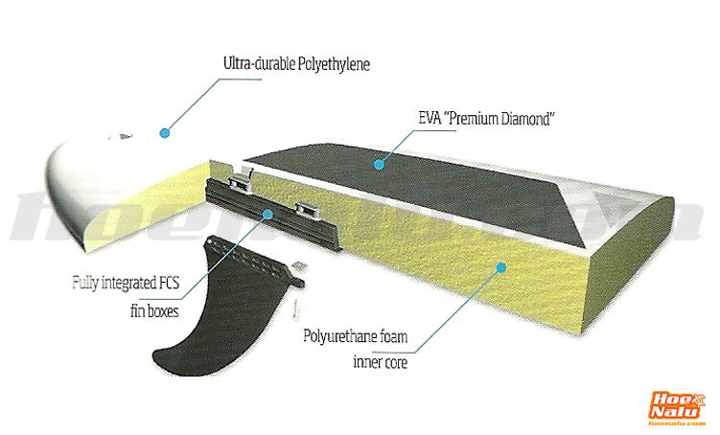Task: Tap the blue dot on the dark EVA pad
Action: (379, 165)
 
